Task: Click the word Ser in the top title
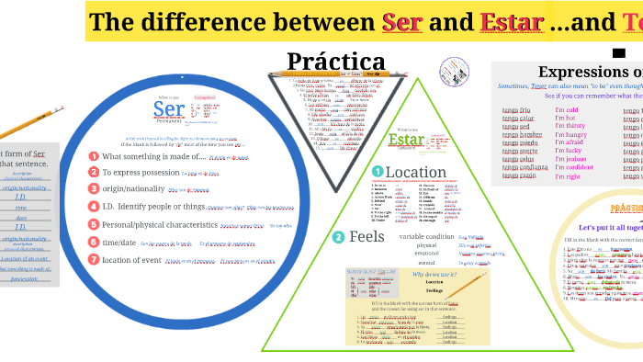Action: pos(401,21)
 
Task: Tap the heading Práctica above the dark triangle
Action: pos(335,62)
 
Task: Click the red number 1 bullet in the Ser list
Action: pos(93,156)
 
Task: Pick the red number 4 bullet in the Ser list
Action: pos(93,207)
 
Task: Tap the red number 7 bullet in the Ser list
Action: pos(93,258)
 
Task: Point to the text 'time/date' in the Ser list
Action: pos(119,242)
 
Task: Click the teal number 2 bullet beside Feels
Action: pos(338,237)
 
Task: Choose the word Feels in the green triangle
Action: pos(367,237)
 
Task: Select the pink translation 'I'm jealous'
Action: pos(570,157)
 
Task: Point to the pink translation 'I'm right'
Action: pos(567,176)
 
